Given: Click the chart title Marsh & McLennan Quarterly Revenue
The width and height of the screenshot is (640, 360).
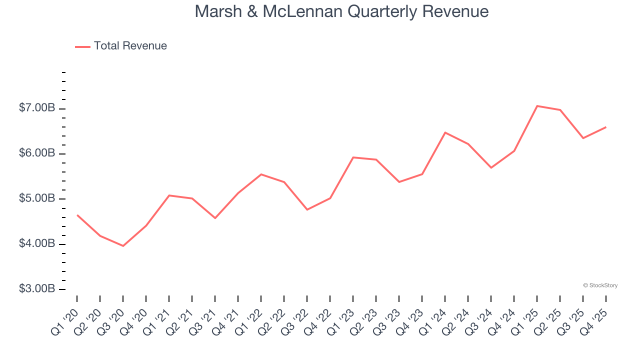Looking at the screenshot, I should coord(341,11).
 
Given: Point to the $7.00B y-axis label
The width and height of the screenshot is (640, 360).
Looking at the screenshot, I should coord(36,108).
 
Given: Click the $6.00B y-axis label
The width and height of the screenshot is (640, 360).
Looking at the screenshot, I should coord(36,153).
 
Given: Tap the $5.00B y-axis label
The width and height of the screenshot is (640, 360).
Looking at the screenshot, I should coord(36,199).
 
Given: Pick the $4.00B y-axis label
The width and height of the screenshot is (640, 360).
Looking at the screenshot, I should coord(36,244).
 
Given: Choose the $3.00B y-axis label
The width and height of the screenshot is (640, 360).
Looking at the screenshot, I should coord(36,289).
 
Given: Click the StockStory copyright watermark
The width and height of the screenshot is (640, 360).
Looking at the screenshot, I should coord(600,285).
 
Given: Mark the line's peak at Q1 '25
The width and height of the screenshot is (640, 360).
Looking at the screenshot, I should coord(537,106).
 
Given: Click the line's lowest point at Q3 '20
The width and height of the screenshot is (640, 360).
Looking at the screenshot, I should coord(123,246).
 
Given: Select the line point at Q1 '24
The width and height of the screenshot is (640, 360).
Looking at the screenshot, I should coord(445,132).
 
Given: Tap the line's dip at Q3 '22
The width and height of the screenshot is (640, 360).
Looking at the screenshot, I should coord(307,209).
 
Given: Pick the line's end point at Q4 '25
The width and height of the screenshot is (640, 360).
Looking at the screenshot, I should coord(606,127).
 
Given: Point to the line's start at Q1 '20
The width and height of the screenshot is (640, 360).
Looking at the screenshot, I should coord(77,215).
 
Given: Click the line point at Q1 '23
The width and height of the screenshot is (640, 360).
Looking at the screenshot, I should coord(353,157).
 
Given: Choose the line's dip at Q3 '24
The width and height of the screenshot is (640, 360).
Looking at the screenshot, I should coord(491,167).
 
